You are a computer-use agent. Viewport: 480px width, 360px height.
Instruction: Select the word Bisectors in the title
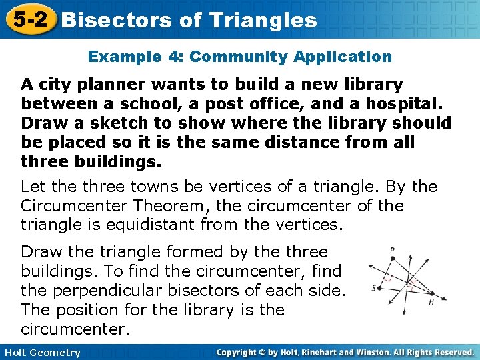click(117, 20)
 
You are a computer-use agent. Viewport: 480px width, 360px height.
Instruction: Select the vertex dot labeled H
click(431, 293)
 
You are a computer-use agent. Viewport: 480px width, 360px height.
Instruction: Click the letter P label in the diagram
click(393, 251)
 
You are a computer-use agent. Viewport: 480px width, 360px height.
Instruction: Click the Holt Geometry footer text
click(41, 353)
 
